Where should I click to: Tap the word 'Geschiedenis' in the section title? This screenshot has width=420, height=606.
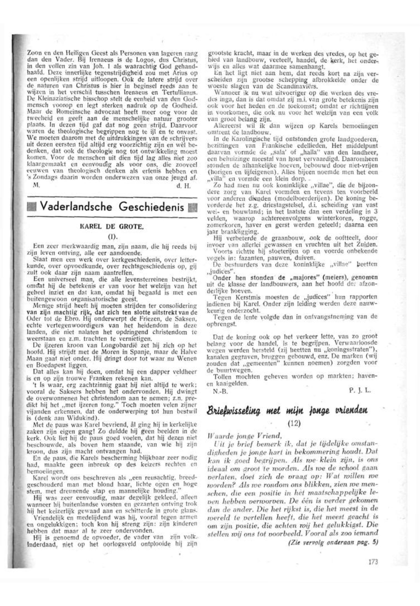[x=152, y=207]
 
